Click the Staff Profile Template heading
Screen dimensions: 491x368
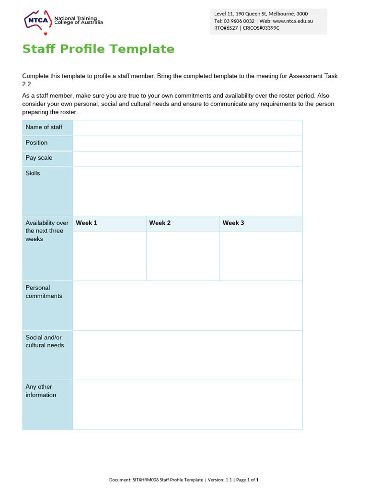coord(98,49)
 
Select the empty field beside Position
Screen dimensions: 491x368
coord(187,143)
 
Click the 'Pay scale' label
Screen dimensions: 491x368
coord(39,158)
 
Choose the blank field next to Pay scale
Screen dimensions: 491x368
coord(187,158)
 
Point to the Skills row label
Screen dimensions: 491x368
coord(33,173)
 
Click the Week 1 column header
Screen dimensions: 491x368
coord(87,223)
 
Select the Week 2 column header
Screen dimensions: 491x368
coord(160,223)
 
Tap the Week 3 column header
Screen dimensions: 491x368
coord(233,223)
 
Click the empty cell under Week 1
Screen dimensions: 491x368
coord(109,256)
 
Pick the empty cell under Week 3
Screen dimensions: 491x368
coord(261,256)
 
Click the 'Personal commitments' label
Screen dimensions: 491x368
coord(44,292)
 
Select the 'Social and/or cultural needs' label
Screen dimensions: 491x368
coord(45,341)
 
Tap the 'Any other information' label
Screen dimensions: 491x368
coord(41,391)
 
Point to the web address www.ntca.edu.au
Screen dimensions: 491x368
coord(293,21)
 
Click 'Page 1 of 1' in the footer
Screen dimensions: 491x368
coord(247,479)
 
